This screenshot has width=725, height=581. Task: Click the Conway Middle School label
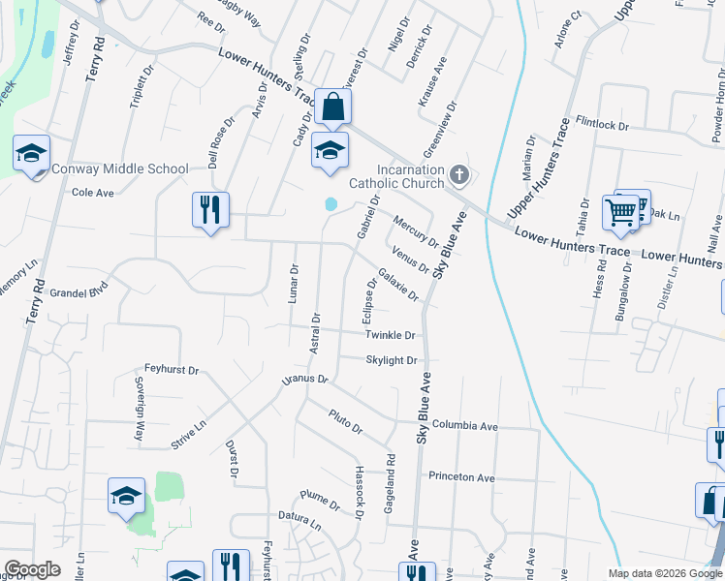coord(119,168)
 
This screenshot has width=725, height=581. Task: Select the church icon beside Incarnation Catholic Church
coord(460,175)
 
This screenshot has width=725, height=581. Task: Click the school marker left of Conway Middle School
coord(31,155)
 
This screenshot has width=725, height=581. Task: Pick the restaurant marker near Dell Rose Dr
coord(210,209)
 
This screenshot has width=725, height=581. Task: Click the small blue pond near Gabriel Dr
coord(331,204)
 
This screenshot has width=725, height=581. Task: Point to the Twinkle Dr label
coord(390,335)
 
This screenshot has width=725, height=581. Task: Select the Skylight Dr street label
coord(391,360)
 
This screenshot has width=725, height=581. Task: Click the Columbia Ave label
coord(464,426)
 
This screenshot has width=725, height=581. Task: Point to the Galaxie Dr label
coord(398,284)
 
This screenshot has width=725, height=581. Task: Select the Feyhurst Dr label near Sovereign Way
coord(172,370)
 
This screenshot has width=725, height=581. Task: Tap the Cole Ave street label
coord(93,193)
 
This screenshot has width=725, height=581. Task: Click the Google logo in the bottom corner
coord(32,569)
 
